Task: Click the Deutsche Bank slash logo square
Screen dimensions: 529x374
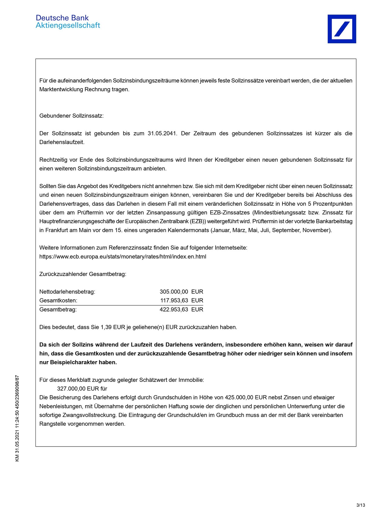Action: (342, 29)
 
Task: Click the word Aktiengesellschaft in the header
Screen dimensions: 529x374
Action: (68, 26)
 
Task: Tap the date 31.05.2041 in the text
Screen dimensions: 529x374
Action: (162, 133)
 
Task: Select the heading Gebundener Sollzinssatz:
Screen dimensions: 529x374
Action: (72, 116)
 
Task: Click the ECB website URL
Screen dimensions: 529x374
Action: (123, 257)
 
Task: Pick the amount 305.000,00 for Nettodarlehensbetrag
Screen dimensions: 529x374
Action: (174, 292)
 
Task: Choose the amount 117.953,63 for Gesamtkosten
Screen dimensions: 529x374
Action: (174, 301)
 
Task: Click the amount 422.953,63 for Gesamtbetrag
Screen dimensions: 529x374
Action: (174, 310)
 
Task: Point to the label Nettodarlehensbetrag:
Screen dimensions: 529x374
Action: (67, 292)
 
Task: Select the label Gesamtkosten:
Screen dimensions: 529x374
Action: (58, 301)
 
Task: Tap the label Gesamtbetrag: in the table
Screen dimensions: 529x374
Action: (58, 310)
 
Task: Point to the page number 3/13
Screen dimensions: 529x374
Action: (361, 505)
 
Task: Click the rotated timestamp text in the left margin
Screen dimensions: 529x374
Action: (17, 418)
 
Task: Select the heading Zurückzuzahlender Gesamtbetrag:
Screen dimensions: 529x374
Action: (83, 274)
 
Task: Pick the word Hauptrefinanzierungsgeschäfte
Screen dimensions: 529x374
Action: (82, 222)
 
